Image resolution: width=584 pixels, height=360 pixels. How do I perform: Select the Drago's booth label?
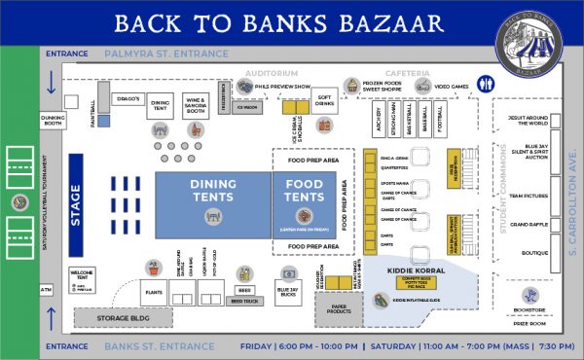(x=129, y=99)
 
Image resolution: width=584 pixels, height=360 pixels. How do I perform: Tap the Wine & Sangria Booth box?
(x=196, y=105)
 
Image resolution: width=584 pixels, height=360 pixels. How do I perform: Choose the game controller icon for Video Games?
(x=423, y=87)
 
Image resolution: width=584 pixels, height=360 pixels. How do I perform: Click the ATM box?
(x=46, y=289)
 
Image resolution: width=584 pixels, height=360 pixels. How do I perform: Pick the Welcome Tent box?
(x=83, y=277)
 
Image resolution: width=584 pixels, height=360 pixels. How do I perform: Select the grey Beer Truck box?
(x=239, y=302)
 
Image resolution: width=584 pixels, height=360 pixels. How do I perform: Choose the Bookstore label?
(x=529, y=310)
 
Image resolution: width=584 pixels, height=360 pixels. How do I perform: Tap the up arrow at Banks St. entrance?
(x=53, y=316)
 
